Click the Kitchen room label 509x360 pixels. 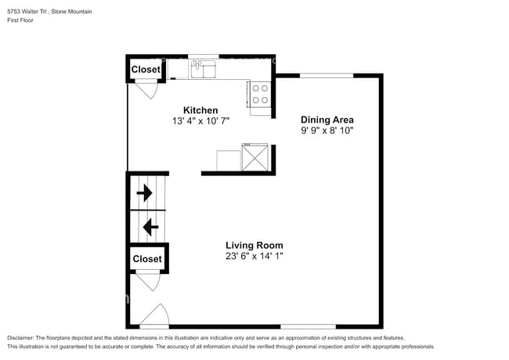click(x=200, y=110)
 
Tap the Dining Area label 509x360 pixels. click(x=327, y=120)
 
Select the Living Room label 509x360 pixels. click(x=254, y=245)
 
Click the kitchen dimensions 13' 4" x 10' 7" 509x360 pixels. click(x=200, y=121)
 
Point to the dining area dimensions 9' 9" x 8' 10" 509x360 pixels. click(x=327, y=131)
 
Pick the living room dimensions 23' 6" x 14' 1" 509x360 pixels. click(x=254, y=256)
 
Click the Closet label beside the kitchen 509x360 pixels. click(x=146, y=70)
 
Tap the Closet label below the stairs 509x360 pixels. click(x=147, y=259)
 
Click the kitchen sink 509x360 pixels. click(x=204, y=69)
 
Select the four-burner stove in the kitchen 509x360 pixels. click(x=260, y=95)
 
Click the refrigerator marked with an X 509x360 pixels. click(x=255, y=157)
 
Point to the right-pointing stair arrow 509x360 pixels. click(x=144, y=193)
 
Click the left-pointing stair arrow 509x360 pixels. click(x=150, y=227)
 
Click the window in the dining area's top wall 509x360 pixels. click(x=327, y=76)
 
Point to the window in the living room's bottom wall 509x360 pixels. click(x=308, y=326)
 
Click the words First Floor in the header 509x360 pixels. click(x=20, y=20)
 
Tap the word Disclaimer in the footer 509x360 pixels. click(x=20, y=338)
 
